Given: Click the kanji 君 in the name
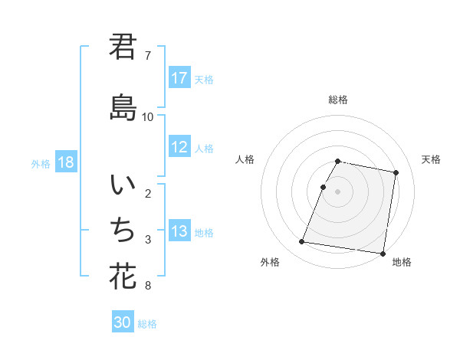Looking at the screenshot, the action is click(x=123, y=47).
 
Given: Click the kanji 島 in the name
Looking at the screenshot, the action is click(x=123, y=108).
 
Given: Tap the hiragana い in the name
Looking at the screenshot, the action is click(x=123, y=186).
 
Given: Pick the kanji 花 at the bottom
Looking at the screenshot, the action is click(x=123, y=275).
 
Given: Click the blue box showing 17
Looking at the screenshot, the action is click(x=179, y=78).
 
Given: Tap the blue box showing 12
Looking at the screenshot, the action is click(x=179, y=147).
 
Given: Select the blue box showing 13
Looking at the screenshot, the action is click(x=179, y=231).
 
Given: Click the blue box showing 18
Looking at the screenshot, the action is click(x=66, y=162).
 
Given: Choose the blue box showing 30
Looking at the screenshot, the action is click(x=123, y=322).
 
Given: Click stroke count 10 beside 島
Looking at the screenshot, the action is click(x=148, y=116).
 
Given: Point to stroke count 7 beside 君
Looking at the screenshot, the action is click(x=148, y=56).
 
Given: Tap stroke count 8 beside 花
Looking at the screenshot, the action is click(x=148, y=286).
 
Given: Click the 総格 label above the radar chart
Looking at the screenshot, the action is click(x=338, y=100).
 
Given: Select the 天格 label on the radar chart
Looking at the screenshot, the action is click(x=432, y=159).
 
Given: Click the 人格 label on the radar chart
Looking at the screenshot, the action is click(x=245, y=159).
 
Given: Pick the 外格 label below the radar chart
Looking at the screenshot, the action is click(x=270, y=262).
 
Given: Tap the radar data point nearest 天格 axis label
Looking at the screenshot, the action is click(x=396, y=173).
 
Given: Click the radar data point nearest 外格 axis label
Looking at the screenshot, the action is click(x=302, y=242).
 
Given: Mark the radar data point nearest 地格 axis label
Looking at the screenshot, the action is click(x=382, y=253).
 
